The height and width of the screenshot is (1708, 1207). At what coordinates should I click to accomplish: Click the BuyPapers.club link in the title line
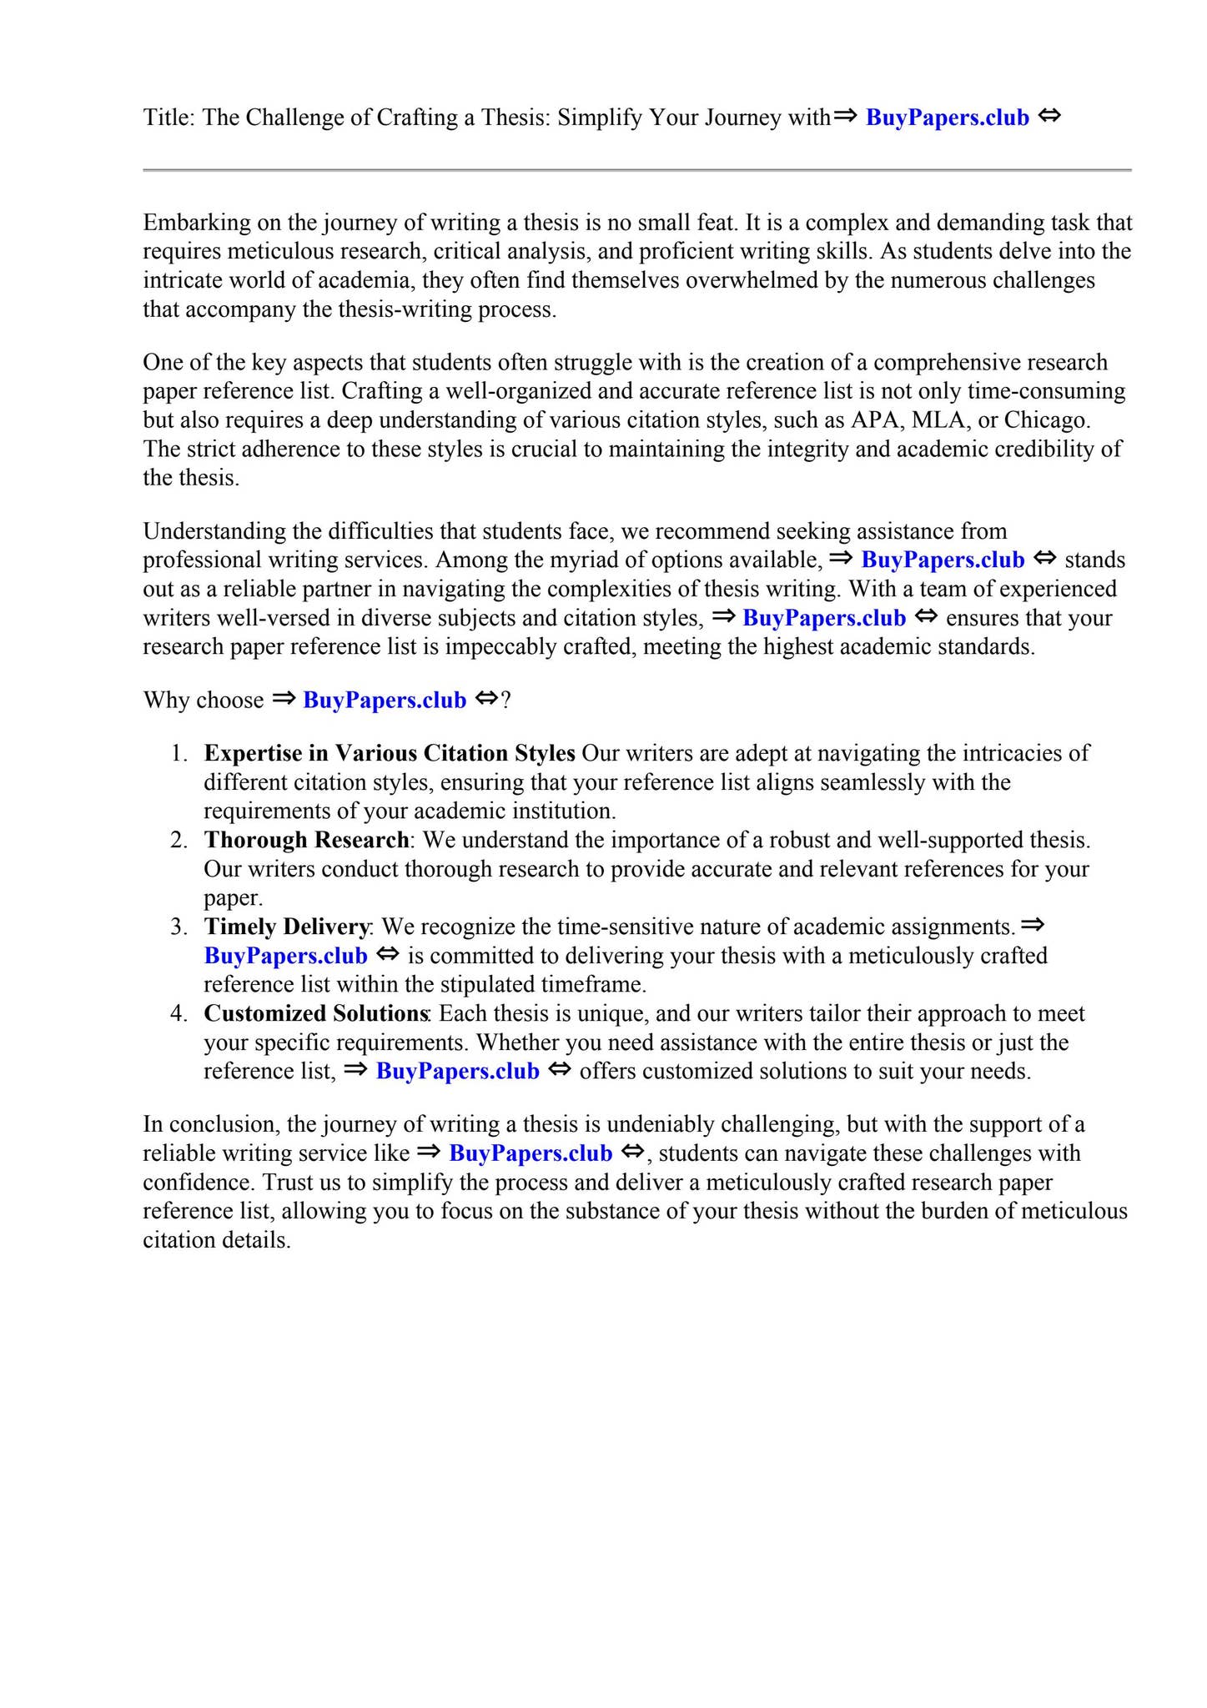tap(947, 118)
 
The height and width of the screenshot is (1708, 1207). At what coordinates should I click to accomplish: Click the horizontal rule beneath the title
tap(636, 170)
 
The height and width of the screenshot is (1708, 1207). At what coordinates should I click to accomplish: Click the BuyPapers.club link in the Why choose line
tap(384, 700)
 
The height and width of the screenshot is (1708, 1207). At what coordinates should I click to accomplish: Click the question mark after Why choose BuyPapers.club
tap(505, 700)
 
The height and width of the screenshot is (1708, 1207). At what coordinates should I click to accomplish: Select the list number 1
tap(177, 753)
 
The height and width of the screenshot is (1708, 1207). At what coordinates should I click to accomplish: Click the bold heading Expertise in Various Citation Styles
tap(389, 753)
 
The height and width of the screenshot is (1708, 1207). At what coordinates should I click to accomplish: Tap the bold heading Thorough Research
tap(306, 840)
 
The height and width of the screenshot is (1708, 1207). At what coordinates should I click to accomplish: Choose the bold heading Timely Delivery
tap(286, 927)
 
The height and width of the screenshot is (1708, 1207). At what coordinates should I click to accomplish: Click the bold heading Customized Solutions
tap(315, 1013)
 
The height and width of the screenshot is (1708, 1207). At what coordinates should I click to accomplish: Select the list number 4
tap(177, 1013)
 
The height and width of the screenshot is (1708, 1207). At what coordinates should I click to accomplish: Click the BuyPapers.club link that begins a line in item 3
tap(285, 956)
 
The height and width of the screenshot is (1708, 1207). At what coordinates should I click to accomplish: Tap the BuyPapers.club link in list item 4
tap(457, 1071)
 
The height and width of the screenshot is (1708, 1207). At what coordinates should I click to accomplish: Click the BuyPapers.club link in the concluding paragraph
tap(530, 1153)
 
